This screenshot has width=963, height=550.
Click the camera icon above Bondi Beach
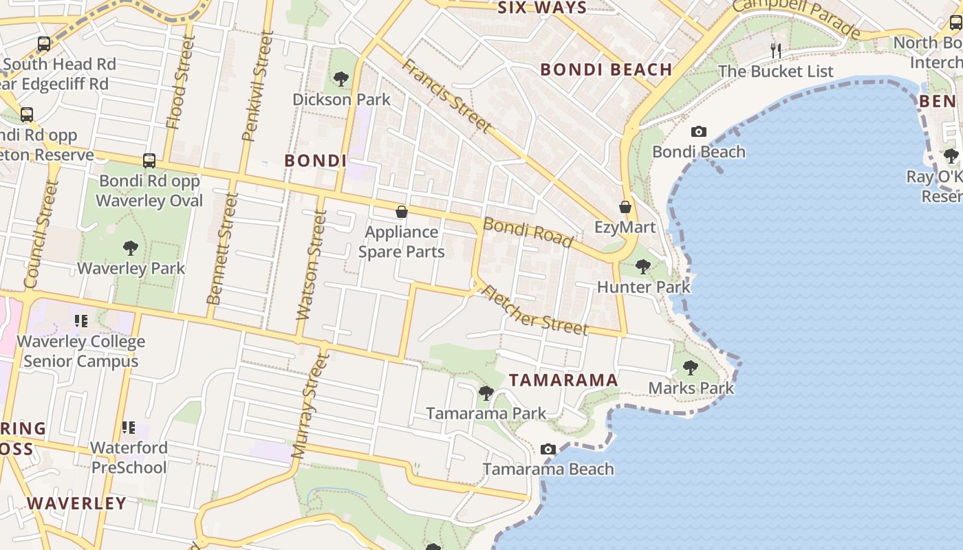pyautogui.click(x=698, y=131)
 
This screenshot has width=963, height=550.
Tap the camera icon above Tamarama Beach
pyautogui.click(x=548, y=449)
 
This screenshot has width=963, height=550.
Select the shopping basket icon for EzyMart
pyautogui.click(x=625, y=207)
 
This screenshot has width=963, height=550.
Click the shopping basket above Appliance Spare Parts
pyautogui.click(x=402, y=212)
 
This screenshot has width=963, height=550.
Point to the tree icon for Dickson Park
pyautogui.click(x=341, y=79)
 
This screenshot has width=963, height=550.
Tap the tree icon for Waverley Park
pyautogui.click(x=130, y=248)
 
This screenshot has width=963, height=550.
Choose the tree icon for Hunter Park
pyautogui.click(x=643, y=266)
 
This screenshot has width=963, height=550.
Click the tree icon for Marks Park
pyautogui.click(x=691, y=368)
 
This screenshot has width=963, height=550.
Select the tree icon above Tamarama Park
pyautogui.click(x=486, y=393)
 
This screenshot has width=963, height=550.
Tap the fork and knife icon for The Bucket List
pyautogui.click(x=776, y=50)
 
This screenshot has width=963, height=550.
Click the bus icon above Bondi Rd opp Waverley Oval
pyautogui.click(x=149, y=161)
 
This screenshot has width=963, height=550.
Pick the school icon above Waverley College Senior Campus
pyautogui.click(x=81, y=321)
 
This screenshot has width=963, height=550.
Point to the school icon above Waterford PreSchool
pyautogui.click(x=129, y=428)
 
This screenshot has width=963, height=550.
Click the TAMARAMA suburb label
pyautogui.click(x=563, y=380)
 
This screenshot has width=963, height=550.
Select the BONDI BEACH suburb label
pyautogui.click(x=606, y=69)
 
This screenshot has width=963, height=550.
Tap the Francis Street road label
pyautogui.click(x=447, y=96)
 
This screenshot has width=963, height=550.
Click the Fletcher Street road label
pyautogui.click(x=535, y=310)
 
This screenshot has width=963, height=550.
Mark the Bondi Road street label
pyautogui.click(x=528, y=232)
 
